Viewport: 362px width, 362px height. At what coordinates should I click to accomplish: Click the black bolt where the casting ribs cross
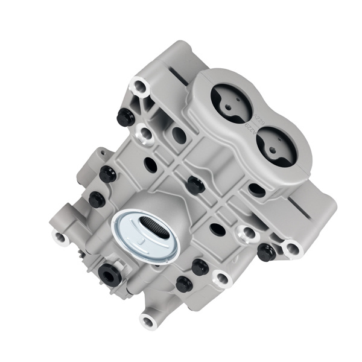(x=195, y=184)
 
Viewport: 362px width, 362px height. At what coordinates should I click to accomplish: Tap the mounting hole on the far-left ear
(x=60, y=237)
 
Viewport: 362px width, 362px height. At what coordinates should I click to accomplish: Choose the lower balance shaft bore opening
(x=276, y=146)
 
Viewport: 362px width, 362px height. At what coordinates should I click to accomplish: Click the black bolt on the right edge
(x=265, y=252)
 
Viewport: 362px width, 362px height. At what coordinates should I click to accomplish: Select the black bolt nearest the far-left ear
(x=97, y=199)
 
